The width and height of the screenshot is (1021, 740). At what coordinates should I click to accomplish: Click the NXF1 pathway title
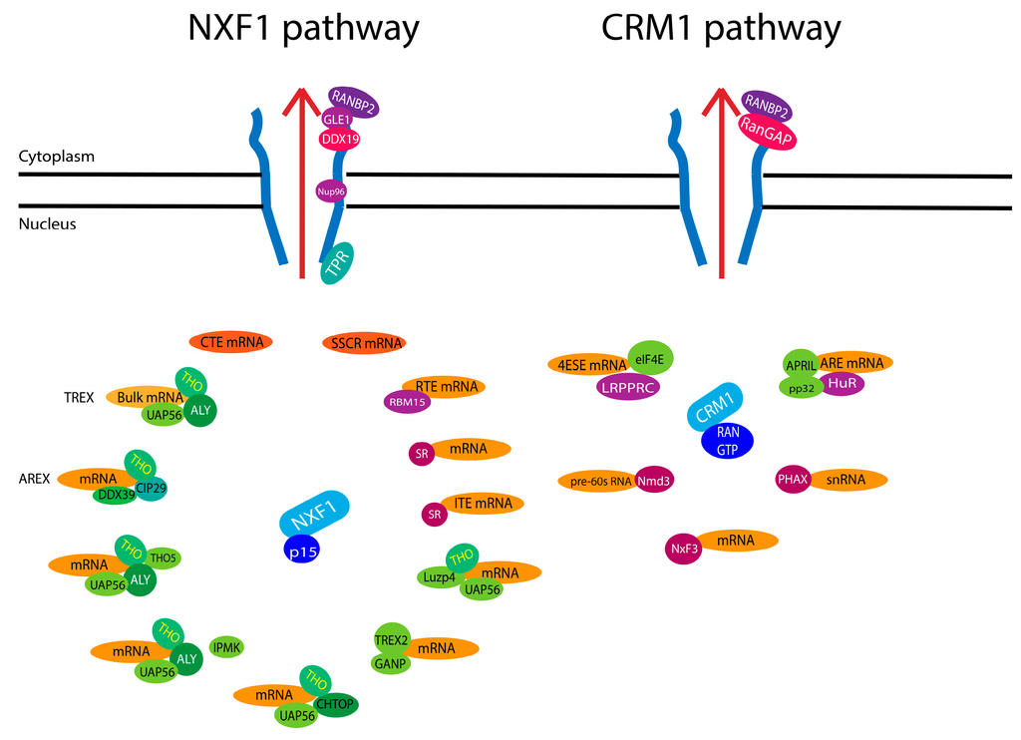(303, 29)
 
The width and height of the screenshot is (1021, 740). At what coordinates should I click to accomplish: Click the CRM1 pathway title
(721, 29)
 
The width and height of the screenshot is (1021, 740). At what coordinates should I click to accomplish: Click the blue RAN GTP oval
(727, 441)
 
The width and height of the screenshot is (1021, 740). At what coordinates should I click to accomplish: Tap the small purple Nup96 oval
(330, 189)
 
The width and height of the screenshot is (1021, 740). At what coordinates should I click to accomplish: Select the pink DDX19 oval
(339, 139)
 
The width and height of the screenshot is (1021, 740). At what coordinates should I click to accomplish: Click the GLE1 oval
(337, 119)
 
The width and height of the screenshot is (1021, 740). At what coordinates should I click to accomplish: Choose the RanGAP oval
(766, 132)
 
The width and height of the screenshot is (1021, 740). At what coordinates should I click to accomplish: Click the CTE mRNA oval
(231, 342)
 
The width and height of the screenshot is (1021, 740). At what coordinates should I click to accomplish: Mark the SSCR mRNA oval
(364, 343)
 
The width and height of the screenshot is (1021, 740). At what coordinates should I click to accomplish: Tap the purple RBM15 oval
(407, 402)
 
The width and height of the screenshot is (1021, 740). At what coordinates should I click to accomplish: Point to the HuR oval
(843, 382)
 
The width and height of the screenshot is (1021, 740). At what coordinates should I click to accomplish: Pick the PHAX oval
(793, 480)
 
